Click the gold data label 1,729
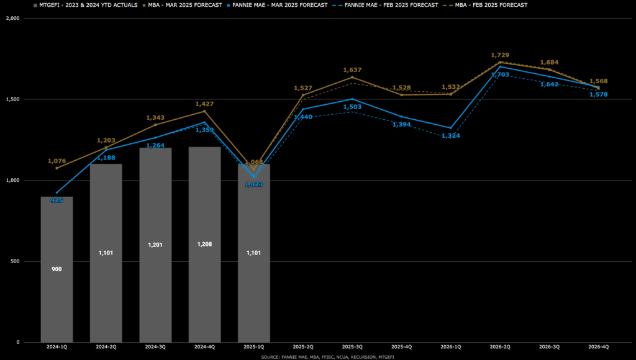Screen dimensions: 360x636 500,56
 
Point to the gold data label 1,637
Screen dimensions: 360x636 352,70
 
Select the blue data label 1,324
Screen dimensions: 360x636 451,135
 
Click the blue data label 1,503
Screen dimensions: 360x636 352,107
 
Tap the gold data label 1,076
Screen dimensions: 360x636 57,161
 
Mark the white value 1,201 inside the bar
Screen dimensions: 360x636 155,245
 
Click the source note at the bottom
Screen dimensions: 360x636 318,357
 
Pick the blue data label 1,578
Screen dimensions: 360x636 599,94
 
